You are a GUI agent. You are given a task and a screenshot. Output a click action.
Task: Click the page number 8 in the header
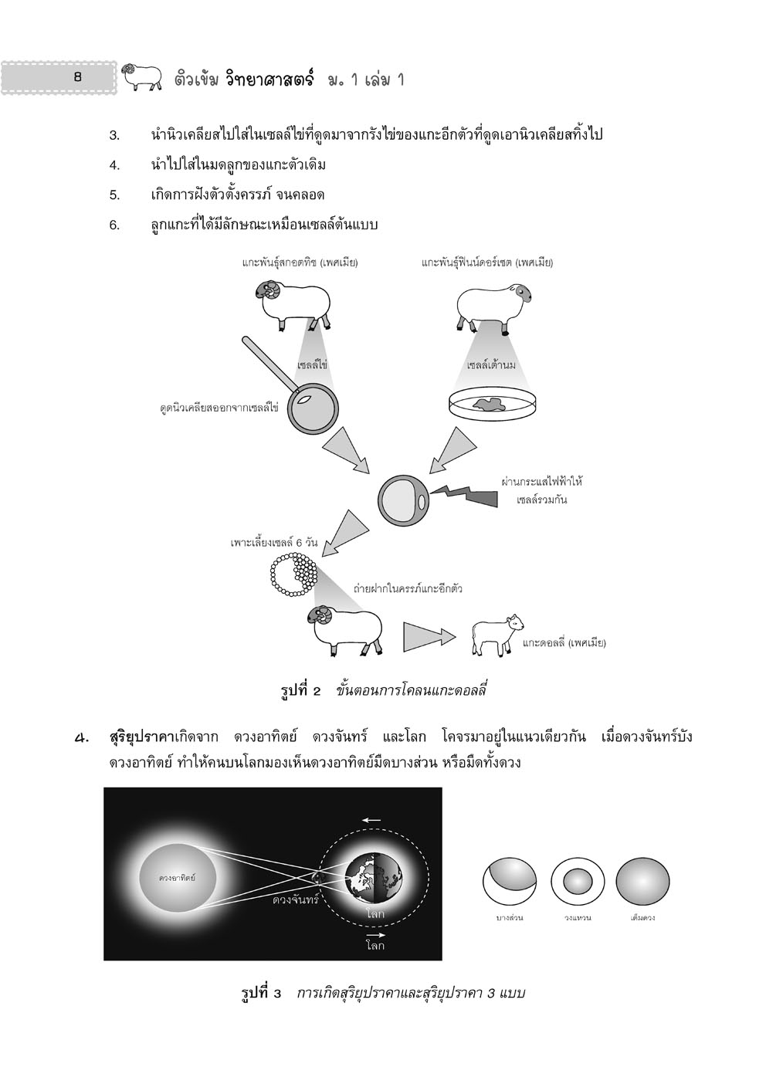click(76, 77)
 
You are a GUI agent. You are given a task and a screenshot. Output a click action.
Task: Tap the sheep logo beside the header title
click(142, 76)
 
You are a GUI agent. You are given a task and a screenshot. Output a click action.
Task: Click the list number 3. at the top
click(114, 136)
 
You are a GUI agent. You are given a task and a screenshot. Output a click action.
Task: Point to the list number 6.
click(114, 225)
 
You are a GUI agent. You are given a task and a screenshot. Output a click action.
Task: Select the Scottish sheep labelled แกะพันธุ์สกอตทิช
click(293, 302)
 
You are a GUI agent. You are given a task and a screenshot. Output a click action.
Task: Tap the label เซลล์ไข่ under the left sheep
click(313, 364)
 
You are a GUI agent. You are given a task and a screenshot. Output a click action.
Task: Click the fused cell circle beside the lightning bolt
click(403, 499)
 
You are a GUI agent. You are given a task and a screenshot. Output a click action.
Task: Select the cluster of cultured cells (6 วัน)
click(291, 576)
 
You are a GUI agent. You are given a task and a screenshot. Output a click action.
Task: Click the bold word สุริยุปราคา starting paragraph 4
click(144, 737)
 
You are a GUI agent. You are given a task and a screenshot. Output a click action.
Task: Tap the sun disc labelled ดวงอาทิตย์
click(177, 878)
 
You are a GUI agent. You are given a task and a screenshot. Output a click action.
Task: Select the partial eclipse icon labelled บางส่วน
click(509, 880)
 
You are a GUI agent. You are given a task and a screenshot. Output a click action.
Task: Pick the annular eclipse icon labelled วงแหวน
click(576, 880)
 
